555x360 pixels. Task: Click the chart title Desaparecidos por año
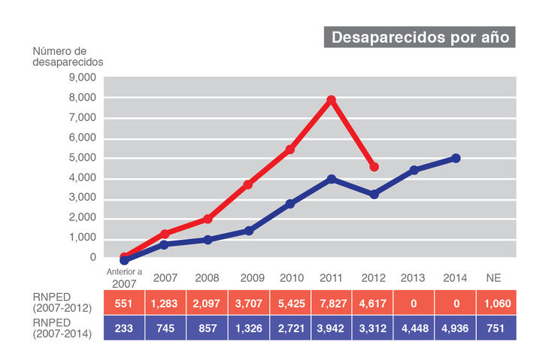[x=420, y=37]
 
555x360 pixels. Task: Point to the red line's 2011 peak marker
[x=331, y=100]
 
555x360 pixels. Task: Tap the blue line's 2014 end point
[x=456, y=159]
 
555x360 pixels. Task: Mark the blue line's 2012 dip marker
[x=375, y=194]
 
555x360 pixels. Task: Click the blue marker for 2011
[x=331, y=179]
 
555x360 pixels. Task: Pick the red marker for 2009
[x=248, y=184]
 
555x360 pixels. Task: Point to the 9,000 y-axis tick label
[x=82, y=77]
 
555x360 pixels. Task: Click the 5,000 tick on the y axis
[x=82, y=158]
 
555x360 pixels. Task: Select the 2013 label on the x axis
[x=412, y=278]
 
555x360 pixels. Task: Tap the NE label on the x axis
[x=494, y=278]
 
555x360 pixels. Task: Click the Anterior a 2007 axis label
[x=124, y=277]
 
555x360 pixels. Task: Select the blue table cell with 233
[x=124, y=328]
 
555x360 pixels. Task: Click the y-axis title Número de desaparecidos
[x=68, y=57]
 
